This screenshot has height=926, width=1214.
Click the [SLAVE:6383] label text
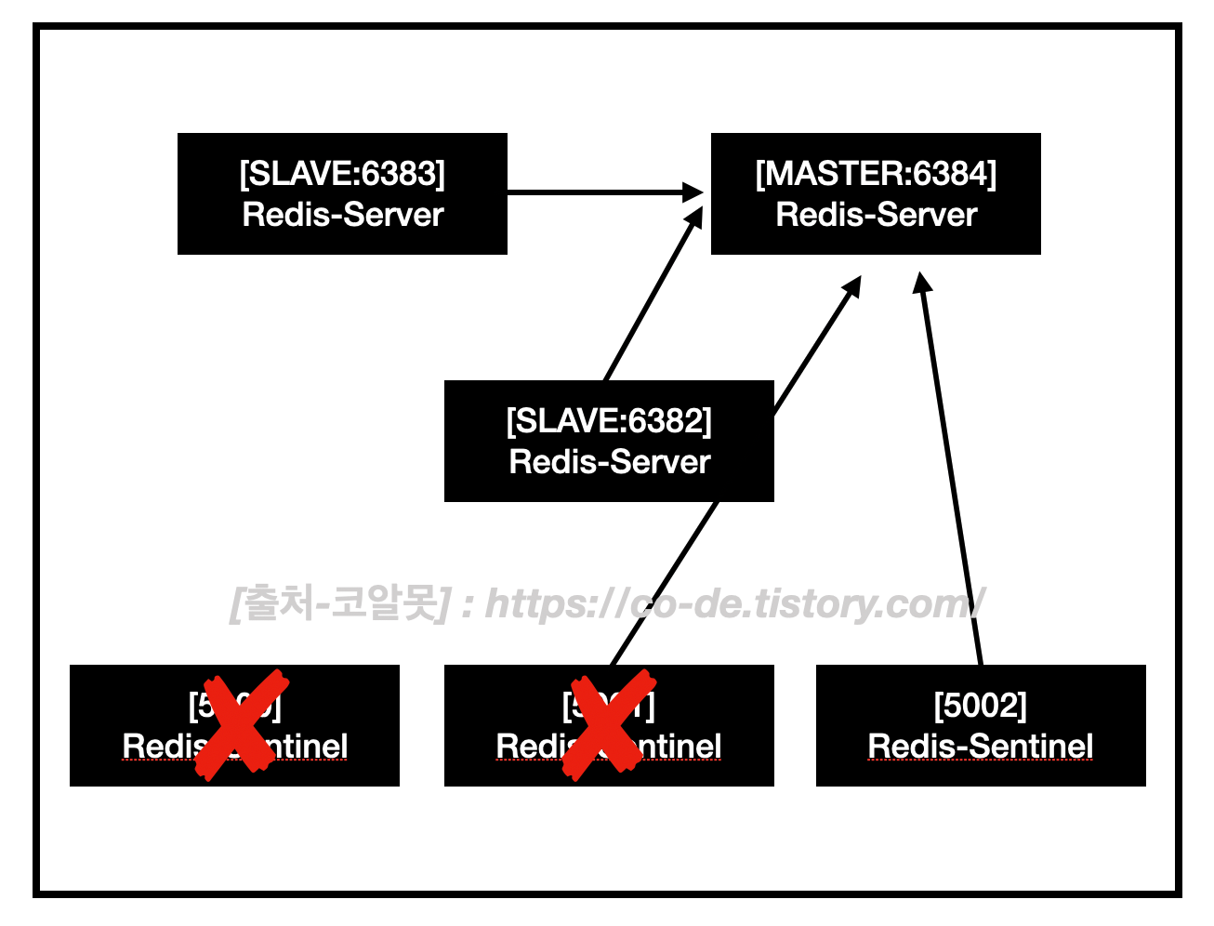coord(342,174)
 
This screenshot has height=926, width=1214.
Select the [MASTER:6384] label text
coord(876,174)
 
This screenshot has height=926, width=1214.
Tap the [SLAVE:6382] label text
coord(609,421)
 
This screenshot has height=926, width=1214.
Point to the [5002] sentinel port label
coord(981,706)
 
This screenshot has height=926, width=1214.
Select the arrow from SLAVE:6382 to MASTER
coord(651,298)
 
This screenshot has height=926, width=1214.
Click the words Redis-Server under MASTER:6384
coord(876,216)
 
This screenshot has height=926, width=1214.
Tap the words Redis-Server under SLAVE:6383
coord(342,216)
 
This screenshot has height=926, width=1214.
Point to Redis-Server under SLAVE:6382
coord(609,462)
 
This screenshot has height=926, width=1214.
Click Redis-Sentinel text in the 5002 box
coord(981,747)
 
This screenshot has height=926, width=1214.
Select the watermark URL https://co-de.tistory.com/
coord(734,604)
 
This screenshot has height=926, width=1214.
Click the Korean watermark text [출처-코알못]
coord(340,604)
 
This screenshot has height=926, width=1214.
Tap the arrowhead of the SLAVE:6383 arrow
coord(693,192)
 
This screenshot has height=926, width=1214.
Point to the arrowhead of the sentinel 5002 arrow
coord(921,283)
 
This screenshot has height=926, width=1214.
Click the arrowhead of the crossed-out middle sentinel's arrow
coord(851,286)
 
